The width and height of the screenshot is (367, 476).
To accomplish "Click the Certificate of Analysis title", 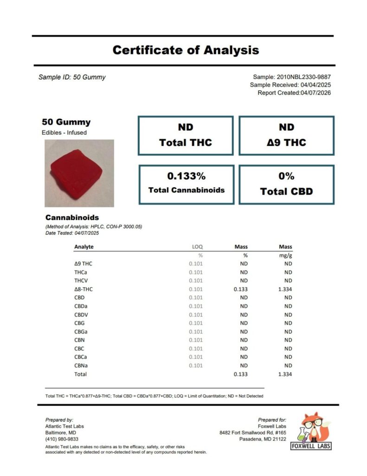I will tap(186, 50).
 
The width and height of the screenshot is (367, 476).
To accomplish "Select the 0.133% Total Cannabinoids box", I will tap(186, 184).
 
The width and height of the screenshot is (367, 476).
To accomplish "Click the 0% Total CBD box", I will tap(286, 184).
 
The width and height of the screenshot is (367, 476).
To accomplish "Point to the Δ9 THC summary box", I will tap(286, 135).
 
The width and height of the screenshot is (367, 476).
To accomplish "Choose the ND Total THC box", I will tap(186, 135).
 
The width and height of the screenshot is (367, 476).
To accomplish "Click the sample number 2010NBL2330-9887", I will tap(303, 77).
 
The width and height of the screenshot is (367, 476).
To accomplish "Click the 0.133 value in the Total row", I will tap(240, 374).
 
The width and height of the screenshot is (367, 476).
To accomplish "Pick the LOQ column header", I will tap(198, 247).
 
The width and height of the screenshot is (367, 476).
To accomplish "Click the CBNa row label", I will tap(81, 365).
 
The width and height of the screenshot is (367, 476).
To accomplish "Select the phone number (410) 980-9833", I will tap(62, 439).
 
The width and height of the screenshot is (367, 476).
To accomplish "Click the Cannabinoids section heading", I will tap(72, 218).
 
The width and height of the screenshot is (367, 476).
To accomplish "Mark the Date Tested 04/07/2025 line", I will tap(72, 233).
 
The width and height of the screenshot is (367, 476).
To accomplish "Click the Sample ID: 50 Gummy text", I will tap(72, 77).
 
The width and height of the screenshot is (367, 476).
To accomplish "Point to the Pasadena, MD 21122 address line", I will tap(263, 439).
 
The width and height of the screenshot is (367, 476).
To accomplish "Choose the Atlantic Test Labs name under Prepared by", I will tap(64, 426).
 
